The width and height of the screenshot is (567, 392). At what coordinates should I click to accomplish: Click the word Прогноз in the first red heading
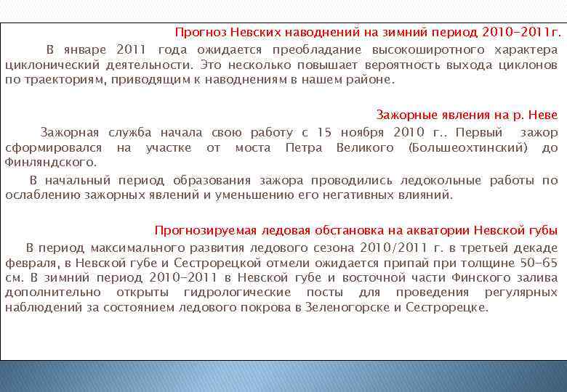click(x=199, y=33)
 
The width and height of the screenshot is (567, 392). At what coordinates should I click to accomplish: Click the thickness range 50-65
click(x=539, y=263)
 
